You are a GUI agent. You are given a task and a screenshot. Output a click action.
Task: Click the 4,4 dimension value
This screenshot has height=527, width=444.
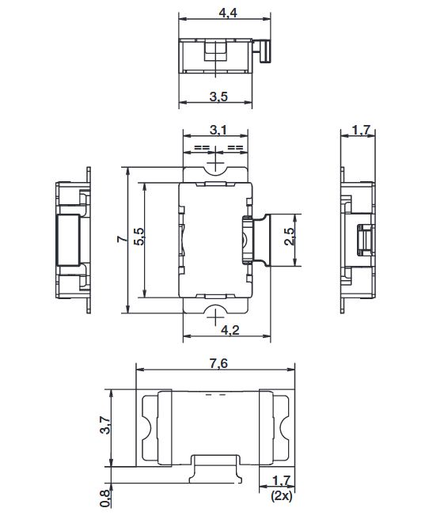point(228,13)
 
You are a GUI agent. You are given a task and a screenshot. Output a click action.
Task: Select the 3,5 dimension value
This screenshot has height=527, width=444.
point(218,97)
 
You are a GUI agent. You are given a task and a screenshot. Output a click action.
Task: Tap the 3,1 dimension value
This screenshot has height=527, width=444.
point(218,130)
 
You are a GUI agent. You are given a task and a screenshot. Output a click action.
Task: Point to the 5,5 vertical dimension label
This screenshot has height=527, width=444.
point(140,237)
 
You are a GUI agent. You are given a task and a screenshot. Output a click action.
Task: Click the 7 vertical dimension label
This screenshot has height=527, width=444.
point(123,239)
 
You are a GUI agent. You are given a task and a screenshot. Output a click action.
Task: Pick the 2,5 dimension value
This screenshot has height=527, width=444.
point(289,237)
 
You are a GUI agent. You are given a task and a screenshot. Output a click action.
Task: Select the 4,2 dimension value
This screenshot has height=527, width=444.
point(230,330)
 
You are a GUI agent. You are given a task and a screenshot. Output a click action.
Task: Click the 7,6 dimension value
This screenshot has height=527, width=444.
point(218,363)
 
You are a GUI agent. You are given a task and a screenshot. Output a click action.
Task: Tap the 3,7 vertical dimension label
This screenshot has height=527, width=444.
point(105,425)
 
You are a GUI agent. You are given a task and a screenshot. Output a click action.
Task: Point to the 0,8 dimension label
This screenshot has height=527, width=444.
point(105,498)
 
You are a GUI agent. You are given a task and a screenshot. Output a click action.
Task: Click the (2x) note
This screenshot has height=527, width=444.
point(282,496)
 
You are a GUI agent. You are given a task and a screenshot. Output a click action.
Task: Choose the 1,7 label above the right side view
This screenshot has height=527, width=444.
point(361,130)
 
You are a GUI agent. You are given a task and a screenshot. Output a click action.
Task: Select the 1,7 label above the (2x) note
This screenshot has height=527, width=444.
point(281,480)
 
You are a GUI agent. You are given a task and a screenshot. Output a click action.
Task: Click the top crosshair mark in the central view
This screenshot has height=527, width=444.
point(215,163)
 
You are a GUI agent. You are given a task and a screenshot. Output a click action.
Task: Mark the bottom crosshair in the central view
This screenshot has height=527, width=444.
point(215,317)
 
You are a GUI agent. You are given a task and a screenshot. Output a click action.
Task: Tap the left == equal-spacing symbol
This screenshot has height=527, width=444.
point(202,147)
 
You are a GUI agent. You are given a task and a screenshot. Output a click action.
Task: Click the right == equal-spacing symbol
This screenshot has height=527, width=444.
point(235,147)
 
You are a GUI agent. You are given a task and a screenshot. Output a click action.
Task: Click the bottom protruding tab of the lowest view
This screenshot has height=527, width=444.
point(215,469)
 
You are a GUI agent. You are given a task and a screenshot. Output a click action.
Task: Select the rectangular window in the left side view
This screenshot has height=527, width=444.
point(68,240)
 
